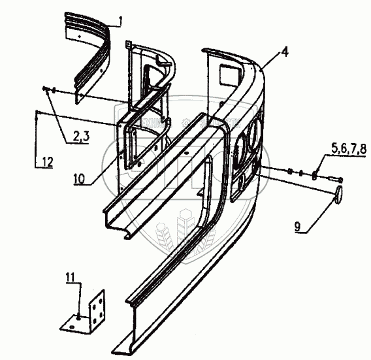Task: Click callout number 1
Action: click(120, 22)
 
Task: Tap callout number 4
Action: click(285, 52)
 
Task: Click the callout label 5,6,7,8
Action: click(349, 149)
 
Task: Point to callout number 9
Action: click(297, 227)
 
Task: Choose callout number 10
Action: click(79, 178)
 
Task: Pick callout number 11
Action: click(71, 278)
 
